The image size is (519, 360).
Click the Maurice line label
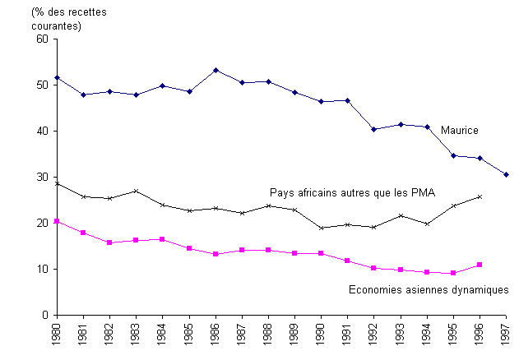click(459, 131)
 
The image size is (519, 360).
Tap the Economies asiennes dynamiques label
click(428, 289)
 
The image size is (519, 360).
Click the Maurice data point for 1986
click(215, 70)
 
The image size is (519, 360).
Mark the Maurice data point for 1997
click(506, 174)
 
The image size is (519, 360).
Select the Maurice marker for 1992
click(373, 129)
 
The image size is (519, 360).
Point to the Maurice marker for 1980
click(57, 77)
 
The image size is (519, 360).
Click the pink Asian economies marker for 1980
click(57, 221)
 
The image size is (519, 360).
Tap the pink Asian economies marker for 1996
click(480, 265)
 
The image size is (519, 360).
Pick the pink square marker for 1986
click(215, 254)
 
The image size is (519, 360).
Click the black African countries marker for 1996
click(480, 196)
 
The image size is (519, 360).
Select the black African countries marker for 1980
click(57, 183)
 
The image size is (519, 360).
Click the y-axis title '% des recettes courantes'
click(57, 20)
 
